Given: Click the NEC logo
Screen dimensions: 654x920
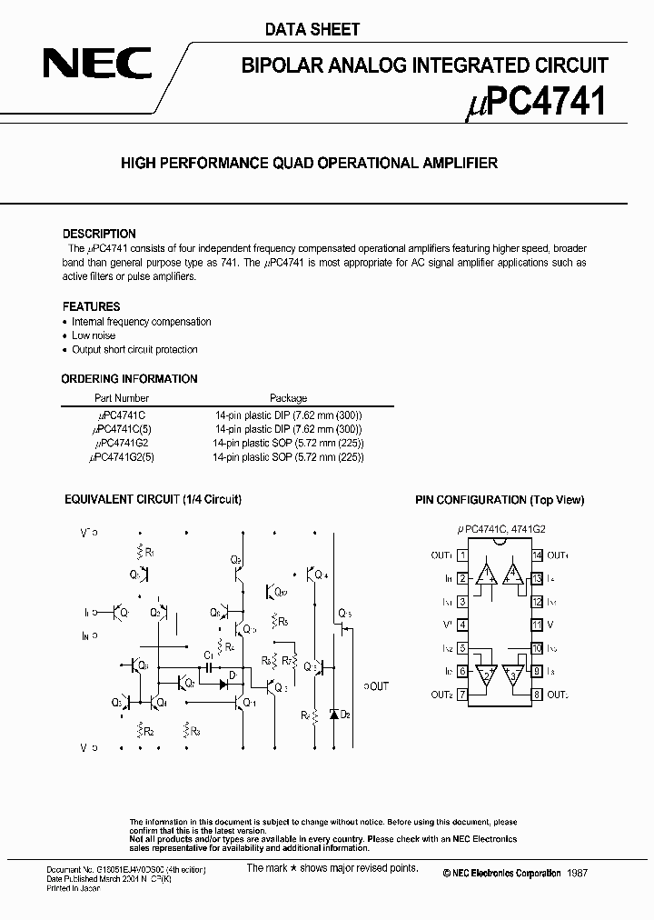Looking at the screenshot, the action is tap(100, 66).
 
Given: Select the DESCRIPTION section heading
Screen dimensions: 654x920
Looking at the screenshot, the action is tap(99, 234).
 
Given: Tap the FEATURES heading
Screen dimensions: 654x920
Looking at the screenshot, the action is tap(91, 306).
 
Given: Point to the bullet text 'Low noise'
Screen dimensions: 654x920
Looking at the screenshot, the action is tap(94, 335).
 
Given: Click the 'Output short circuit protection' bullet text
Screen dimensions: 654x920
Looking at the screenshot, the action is tap(135, 349).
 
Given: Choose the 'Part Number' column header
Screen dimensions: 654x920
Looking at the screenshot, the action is tap(122, 398).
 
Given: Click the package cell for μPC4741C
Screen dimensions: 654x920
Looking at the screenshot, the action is tap(288, 414).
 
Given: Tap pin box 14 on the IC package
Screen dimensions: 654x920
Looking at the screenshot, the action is tap(537, 555).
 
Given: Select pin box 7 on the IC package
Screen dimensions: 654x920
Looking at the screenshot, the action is tap(462, 695).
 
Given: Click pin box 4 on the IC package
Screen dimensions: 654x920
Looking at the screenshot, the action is tap(462, 625).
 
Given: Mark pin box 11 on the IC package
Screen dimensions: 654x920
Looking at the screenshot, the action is tap(537, 625).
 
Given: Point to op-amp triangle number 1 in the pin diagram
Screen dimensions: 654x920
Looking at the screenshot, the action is tap(486, 574).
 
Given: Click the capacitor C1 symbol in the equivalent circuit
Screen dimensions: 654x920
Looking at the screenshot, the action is tap(210, 666).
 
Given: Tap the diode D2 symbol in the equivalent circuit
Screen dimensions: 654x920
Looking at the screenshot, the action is tap(333, 715).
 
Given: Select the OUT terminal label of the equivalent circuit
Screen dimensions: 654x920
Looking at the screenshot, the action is tap(375, 686).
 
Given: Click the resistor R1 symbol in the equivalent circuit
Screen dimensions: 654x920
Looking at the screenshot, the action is tap(139, 552).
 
